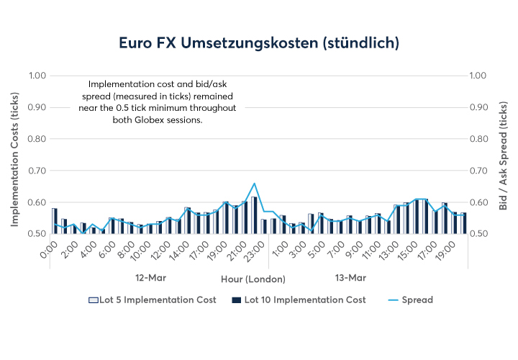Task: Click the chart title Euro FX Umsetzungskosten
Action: (259, 43)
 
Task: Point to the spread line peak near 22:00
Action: (254, 184)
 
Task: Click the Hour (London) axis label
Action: (253, 279)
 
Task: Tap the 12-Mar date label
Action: (151, 277)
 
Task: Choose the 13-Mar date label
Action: (351, 277)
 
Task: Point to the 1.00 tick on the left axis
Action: (37, 76)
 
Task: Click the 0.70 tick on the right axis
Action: (480, 171)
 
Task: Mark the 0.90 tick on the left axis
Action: (37, 107)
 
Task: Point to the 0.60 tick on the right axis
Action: (480, 202)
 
